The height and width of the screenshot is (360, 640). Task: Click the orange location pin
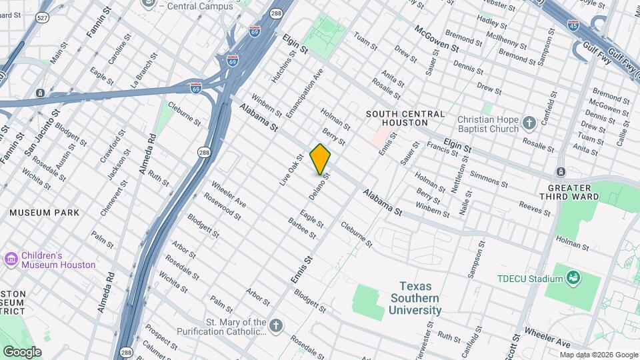(x=320, y=159)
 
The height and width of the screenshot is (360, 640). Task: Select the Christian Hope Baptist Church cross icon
(x=529, y=123)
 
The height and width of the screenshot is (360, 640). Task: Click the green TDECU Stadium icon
(x=572, y=277)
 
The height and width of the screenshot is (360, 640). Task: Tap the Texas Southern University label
(x=415, y=298)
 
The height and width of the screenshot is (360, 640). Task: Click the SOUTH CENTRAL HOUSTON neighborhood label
(x=405, y=118)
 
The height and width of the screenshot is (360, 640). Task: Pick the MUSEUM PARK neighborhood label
(x=44, y=213)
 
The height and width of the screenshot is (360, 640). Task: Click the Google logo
(x=22, y=351)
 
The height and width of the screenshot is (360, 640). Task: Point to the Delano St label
(x=320, y=187)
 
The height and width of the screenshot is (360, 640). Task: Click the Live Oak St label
(x=291, y=170)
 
